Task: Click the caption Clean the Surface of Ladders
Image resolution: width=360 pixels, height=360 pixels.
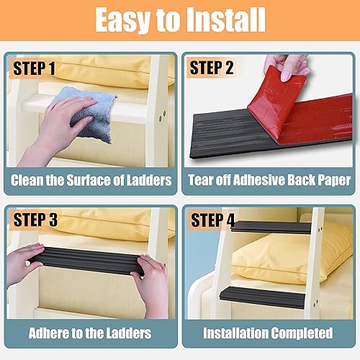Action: coord(91,180)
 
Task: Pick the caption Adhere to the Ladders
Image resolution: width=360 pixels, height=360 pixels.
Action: coord(91,333)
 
